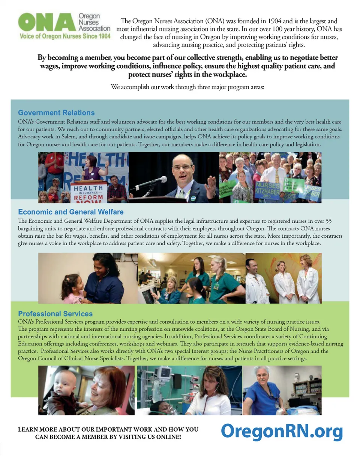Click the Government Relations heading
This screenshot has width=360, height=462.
(56, 112)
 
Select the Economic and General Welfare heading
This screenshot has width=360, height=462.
(70, 212)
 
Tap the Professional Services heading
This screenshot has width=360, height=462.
(55, 313)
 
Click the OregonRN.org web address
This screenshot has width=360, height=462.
(282, 431)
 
